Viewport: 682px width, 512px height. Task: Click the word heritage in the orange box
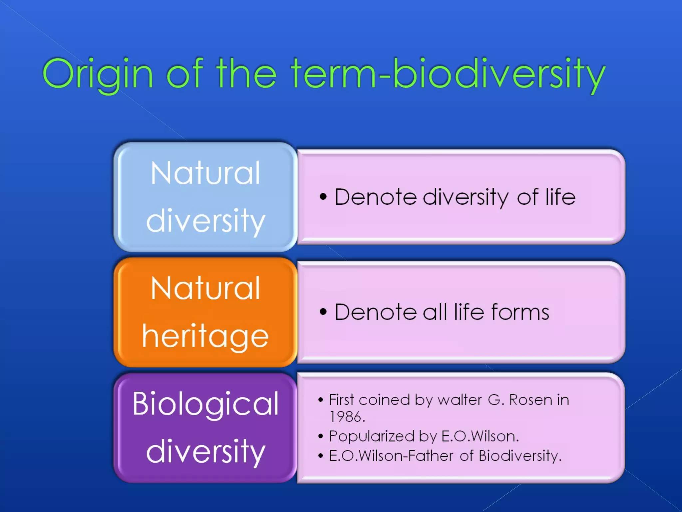pos(205,337)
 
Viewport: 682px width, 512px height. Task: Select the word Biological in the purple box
pos(205,404)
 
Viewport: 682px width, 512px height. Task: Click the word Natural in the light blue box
pos(205,173)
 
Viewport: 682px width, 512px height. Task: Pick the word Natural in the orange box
pos(205,289)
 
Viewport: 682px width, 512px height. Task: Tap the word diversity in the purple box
pos(205,452)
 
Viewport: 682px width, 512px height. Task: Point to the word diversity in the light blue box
pos(205,221)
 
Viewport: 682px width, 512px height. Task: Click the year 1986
pos(347,417)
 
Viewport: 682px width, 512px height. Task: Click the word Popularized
pos(371,436)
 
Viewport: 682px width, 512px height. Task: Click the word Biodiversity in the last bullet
pos(520,456)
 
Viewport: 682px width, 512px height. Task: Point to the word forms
pos(520,312)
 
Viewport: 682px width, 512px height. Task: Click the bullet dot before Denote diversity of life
pos(323,197)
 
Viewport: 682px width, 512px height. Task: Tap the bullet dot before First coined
pos(320,400)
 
